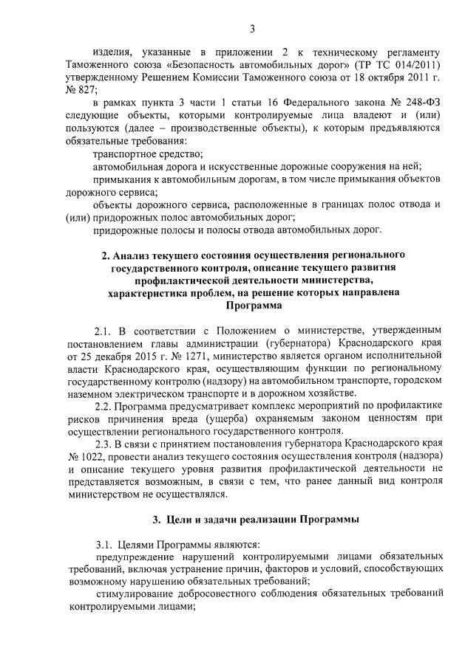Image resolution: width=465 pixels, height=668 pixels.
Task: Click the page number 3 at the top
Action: coord(252,29)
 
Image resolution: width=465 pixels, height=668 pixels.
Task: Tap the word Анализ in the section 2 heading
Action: coord(133,256)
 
